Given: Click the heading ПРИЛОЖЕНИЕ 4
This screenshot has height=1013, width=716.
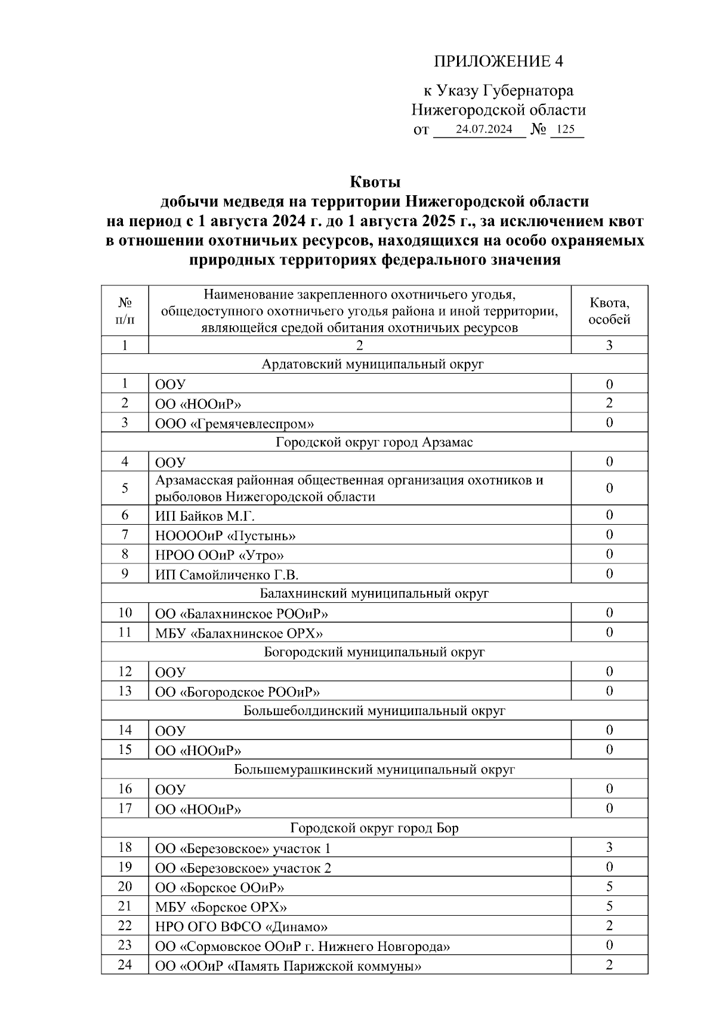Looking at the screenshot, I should coord(498,61).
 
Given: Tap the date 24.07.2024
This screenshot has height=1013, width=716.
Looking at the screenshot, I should coord(483,129).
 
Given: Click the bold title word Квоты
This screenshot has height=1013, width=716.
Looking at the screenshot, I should coord(374,181).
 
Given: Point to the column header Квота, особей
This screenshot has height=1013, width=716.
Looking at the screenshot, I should coord(609,310).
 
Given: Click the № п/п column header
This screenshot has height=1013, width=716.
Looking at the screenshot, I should coord(125,310).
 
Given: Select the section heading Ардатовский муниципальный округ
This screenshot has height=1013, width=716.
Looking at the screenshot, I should coord(374,364).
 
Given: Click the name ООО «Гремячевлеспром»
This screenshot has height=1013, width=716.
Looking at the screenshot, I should coord(234,423).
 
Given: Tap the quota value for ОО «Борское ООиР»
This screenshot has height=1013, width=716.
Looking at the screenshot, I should coord(609,886).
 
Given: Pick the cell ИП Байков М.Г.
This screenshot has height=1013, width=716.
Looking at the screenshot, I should coord(205,516).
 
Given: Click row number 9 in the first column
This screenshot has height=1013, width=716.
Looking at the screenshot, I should coord(125,574).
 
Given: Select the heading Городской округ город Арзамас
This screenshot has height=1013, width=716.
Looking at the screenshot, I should coord(374,442).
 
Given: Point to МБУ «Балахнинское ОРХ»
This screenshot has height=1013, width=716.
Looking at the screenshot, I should coord(239,633).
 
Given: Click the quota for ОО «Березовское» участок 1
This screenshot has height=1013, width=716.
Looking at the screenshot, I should coord(609,848).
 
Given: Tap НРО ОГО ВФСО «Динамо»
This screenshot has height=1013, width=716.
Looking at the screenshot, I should coord(242,926).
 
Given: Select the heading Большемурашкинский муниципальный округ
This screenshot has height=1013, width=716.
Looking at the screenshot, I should coord(374,769).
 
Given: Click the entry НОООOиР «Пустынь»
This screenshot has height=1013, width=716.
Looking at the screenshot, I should coord(226,535).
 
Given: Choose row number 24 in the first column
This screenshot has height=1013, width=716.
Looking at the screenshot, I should coord(125,964).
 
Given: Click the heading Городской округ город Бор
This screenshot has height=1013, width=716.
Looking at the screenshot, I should coord(374,828).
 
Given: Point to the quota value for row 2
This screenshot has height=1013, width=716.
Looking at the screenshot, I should coord(609,403).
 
